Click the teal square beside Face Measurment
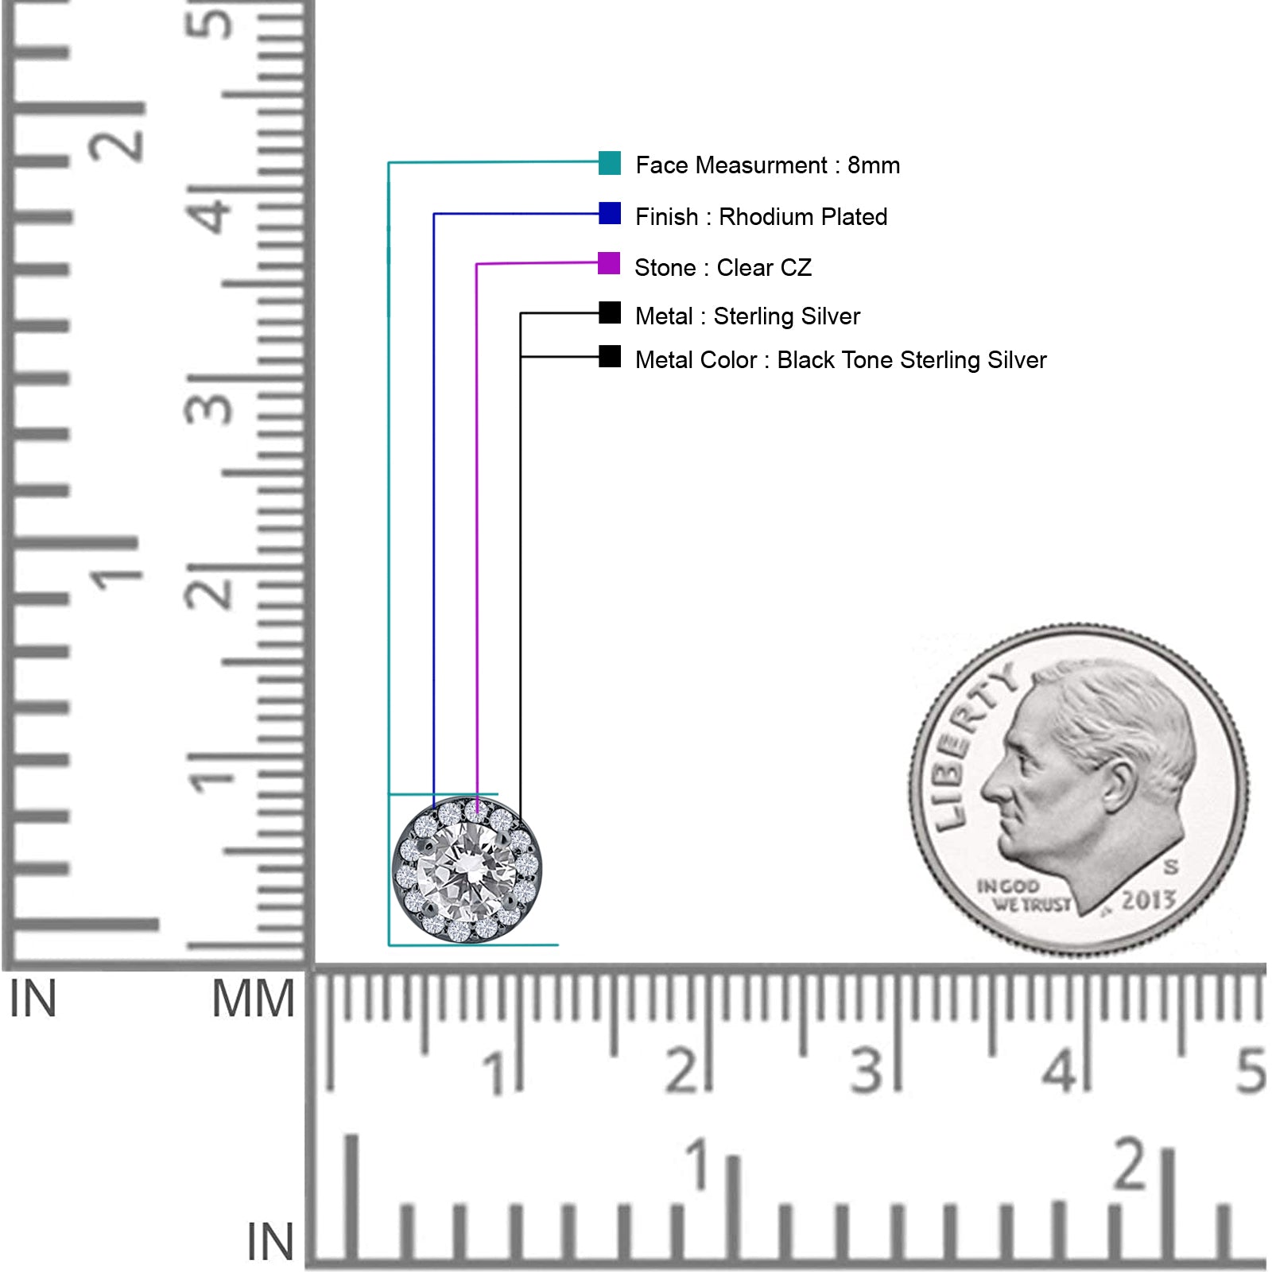610,162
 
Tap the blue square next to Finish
610,213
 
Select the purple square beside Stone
609,263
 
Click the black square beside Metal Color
610,356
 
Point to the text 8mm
874,165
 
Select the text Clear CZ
764,267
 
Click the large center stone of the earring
467,869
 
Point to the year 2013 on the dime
1148,901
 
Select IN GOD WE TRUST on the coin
1024,895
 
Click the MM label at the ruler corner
253,999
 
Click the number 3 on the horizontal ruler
867,1070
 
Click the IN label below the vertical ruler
33,999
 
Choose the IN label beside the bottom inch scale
270,1242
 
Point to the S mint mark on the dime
1170,866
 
